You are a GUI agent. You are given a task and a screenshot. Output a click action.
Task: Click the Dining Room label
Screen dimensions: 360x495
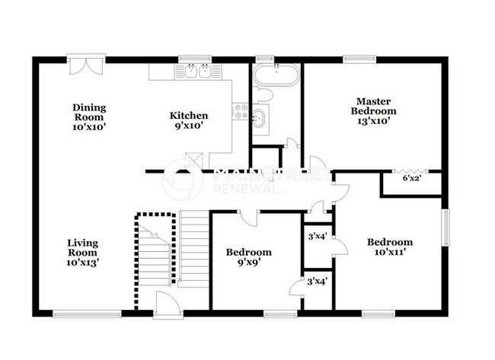click(x=89, y=117)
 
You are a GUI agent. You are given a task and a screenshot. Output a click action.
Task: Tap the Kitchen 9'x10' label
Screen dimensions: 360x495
click(x=188, y=121)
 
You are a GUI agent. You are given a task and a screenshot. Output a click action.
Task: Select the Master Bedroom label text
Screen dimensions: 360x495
click(x=373, y=105)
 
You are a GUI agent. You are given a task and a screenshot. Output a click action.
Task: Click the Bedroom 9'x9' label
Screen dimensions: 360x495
click(x=249, y=257)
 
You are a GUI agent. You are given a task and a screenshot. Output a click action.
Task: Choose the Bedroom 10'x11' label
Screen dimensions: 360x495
click(x=389, y=247)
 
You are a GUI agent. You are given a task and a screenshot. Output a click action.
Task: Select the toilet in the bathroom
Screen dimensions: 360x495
click(x=263, y=94)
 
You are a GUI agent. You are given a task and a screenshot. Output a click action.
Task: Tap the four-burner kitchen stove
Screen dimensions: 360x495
click(x=241, y=111)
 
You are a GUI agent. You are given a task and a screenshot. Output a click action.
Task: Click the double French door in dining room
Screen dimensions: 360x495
click(x=85, y=65)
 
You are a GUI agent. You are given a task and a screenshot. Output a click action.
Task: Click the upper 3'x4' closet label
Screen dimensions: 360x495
click(x=316, y=236)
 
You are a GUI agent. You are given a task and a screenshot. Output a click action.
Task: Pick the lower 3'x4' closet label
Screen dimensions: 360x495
click(x=316, y=282)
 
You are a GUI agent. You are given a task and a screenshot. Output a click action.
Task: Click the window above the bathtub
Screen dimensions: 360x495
click(x=265, y=59)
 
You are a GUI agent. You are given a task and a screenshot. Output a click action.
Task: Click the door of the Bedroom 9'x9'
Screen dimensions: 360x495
click(x=247, y=220)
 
